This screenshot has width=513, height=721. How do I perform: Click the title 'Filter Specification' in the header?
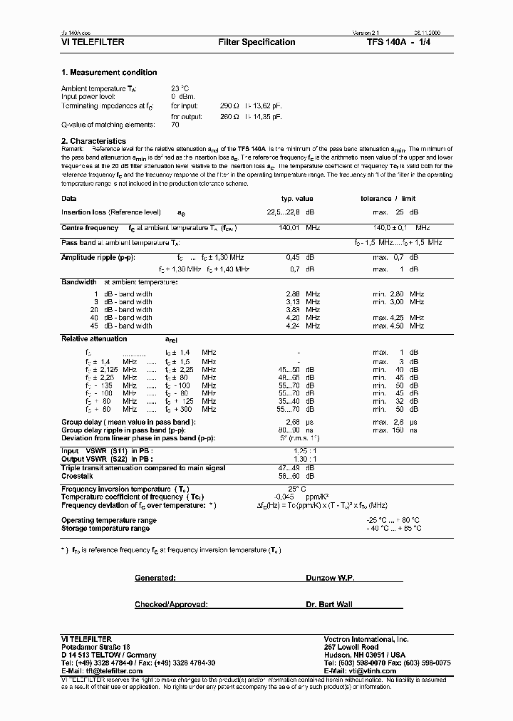point(256,42)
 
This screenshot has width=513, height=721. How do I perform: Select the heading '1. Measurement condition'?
point(109,73)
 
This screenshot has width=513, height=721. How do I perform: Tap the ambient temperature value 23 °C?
point(179,88)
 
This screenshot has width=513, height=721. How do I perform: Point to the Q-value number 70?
point(175,124)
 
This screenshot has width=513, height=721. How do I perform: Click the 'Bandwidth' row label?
point(79,282)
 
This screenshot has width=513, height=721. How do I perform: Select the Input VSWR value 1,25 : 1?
point(305,451)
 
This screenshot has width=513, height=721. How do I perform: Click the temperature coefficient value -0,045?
point(284,497)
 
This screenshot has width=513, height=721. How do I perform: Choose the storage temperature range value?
point(393,528)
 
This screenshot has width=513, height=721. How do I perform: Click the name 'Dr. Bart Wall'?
point(329,604)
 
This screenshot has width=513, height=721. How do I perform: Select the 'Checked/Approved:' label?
point(171,604)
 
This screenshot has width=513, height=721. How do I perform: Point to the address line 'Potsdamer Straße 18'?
point(95,645)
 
